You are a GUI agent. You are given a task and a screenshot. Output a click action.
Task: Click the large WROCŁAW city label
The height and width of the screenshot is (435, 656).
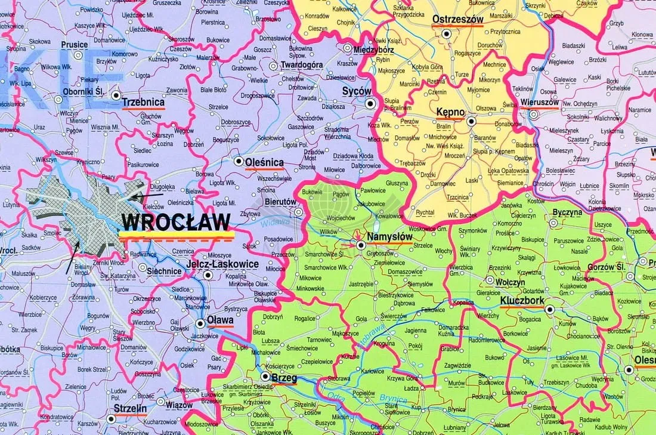(x=175, y=222)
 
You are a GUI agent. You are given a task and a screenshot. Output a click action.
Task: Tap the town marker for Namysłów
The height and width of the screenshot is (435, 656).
(x=360, y=245)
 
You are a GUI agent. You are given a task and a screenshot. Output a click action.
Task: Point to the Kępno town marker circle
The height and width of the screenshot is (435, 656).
(x=471, y=121)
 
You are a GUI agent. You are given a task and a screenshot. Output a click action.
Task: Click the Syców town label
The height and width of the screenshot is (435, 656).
(x=357, y=91)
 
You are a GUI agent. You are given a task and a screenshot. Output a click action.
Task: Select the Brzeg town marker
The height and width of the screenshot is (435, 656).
(x=265, y=377)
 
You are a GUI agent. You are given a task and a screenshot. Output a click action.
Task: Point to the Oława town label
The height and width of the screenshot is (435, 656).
(x=220, y=320)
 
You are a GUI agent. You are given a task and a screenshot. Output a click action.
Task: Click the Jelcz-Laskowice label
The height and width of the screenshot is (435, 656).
(x=222, y=264)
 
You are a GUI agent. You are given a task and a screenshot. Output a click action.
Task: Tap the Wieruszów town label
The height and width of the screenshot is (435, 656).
(x=540, y=101)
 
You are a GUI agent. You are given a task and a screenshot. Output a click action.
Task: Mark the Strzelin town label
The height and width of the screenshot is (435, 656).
(x=131, y=409)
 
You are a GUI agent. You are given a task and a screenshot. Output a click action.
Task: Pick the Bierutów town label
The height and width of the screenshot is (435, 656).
(x=280, y=202)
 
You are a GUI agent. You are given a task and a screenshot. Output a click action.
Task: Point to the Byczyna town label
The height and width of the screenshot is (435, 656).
(x=567, y=212)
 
